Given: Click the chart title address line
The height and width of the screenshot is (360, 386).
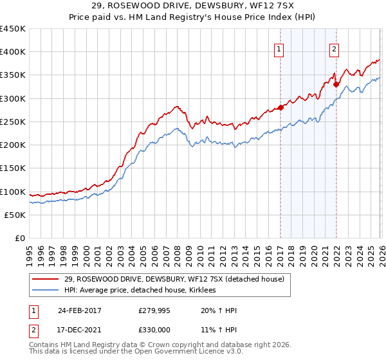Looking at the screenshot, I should point(193,6).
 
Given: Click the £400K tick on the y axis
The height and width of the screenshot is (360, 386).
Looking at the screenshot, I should point(13,52).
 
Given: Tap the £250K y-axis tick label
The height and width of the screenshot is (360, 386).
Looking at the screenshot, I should point(13,122).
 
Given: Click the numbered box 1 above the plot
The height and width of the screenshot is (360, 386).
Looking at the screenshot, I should point(279,49).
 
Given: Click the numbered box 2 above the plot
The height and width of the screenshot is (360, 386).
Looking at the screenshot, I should point(335,49).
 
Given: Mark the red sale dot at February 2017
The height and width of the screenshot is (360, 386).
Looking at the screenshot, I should point(281,107).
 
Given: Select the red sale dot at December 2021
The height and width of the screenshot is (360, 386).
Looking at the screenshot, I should point(336,84).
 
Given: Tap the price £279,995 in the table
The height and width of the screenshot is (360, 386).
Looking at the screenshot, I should point(154,310).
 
